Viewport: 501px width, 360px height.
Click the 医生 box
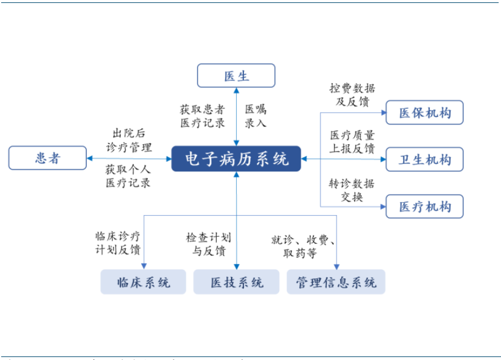pos(236,76)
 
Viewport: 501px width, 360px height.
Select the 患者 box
pos(47,158)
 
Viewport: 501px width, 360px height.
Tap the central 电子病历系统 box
pos(236,159)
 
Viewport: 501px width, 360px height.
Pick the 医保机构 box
pos(424,113)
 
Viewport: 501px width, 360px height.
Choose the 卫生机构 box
pos(424,160)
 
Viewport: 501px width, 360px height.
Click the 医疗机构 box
pos(424,207)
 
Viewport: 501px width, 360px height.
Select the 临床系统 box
pos(144,282)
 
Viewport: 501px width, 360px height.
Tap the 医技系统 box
pos(236,282)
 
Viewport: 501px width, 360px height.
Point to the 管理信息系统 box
pos(336,282)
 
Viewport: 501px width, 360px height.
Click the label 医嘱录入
pos(256,116)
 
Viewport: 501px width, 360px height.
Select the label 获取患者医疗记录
pos(203,116)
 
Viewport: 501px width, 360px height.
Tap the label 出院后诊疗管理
pos(129,140)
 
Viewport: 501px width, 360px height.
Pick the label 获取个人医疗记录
pos(128,176)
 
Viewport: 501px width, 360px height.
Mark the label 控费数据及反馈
pos(353,95)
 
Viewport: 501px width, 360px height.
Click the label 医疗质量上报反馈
pos(353,141)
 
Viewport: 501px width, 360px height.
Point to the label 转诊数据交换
pos(352,190)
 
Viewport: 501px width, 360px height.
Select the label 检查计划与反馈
pos(208,244)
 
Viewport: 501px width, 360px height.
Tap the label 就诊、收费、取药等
pos(303,246)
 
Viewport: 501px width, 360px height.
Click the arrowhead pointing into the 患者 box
pos(90,158)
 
